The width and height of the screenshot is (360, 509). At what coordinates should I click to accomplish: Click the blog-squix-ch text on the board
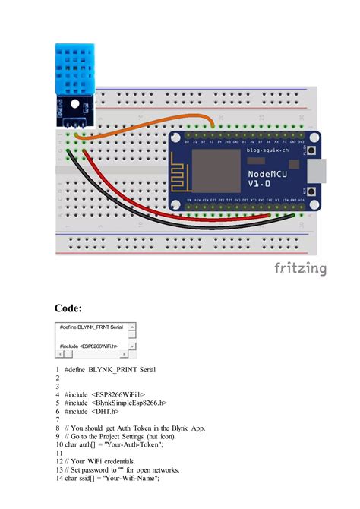[x=267, y=151]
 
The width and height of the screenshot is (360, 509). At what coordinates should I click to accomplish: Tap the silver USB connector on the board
[x=324, y=173]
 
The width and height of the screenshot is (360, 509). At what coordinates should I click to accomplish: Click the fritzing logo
[x=300, y=268]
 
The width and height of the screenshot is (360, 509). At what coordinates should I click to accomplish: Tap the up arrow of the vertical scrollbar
[x=132, y=327]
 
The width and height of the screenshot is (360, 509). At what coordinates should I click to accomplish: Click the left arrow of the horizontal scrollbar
[x=58, y=353]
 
